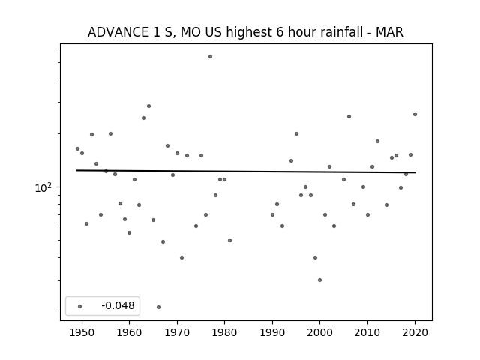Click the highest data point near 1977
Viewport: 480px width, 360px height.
point(210,57)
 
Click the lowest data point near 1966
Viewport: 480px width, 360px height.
point(158,307)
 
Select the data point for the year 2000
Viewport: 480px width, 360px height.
point(320,280)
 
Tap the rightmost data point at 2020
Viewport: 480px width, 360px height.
point(415,115)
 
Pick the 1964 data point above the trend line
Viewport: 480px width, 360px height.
point(148,106)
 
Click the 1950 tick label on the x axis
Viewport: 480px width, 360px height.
point(82,332)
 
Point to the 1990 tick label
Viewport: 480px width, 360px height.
point(272,332)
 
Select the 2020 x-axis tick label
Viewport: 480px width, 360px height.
point(415,332)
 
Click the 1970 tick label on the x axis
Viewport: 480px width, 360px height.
point(177,332)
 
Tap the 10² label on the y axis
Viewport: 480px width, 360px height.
point(43,188)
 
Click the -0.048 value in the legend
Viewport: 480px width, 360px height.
point(118,305)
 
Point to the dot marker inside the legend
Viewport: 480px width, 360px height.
point(80,306)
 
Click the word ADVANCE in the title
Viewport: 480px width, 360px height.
point(118,32)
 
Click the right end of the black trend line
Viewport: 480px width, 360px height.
point(415,172)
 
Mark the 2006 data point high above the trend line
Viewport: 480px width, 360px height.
point(349,117)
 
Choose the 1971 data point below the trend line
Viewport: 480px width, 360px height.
point(181,258)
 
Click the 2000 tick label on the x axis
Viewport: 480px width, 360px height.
point(320,332)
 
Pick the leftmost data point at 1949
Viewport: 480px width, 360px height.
point(77,149)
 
